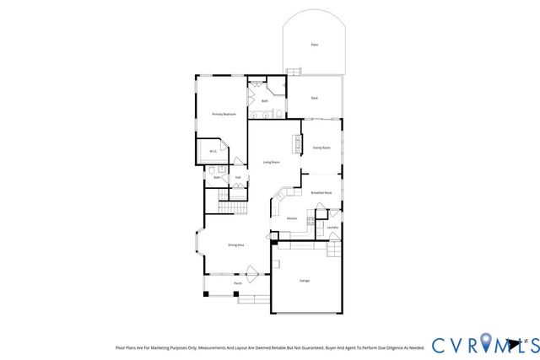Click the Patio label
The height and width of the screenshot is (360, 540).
(x=314, y=45)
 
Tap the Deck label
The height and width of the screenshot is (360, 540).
(x=314, y=99)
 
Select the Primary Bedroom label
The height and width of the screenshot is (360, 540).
(x=222, y=114)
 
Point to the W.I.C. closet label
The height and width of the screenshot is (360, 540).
(x=213, y=152)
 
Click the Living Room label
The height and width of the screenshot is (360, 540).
(x=271, y=162)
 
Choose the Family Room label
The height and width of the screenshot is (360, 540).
(x=321, y=148)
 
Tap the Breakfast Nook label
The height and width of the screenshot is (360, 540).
(x=321, y=193)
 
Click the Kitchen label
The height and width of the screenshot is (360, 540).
(x=292, y=218)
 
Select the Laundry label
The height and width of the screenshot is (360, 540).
(x=332, y=227)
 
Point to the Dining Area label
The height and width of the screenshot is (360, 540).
(x=235, y=245)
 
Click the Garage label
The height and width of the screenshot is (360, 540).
(x=305, y=280)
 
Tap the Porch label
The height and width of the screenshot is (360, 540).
(x=238, y=284)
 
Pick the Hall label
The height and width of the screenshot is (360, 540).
(x=238, y=178)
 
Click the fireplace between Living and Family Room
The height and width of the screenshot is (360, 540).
(x=297, y=144)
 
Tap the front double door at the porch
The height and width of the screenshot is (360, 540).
(x=251, y=271)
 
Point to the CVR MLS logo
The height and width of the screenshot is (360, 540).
(x=479, y=344)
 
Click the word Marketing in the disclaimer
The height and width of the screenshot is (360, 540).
(x=168, y=347)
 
